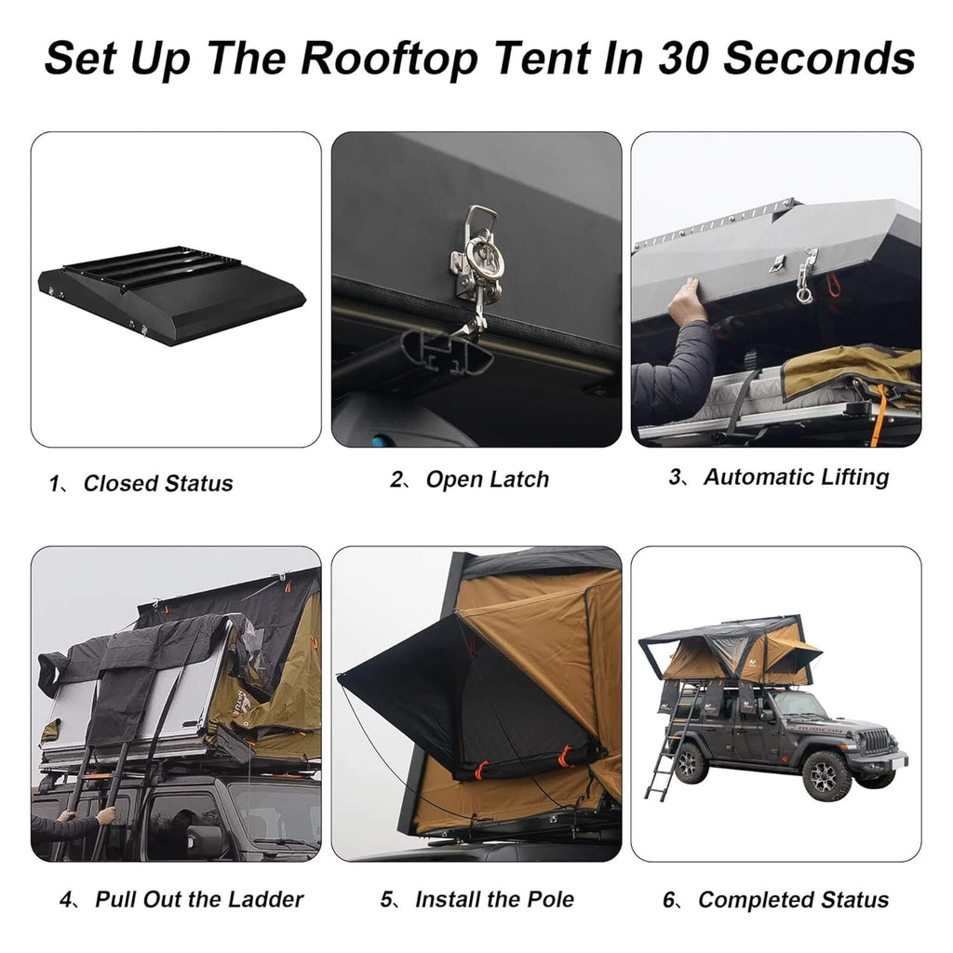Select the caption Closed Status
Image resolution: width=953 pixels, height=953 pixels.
[x=157, y=483]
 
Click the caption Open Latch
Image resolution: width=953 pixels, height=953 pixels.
[x=487, y=479]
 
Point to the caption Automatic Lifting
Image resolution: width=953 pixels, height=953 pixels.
[x=796, y=476]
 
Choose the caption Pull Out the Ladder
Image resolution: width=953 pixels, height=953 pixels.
[x=198, y=899]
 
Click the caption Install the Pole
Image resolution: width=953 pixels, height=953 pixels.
[x=493, y=899]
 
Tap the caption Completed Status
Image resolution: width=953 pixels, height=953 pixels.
[x=793, y=900]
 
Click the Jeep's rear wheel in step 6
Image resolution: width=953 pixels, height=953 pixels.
[x=691, y=763]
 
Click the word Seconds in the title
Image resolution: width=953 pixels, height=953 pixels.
[x=819, y=58]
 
